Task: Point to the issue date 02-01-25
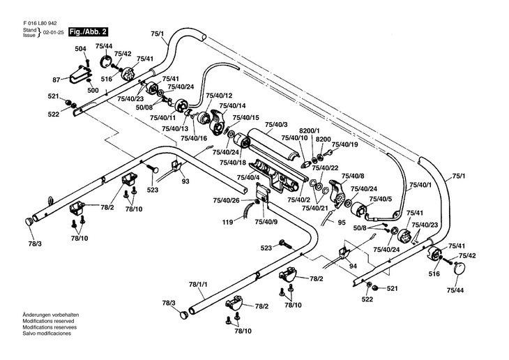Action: pyautogui.click(x=53, y=33)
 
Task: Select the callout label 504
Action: pyautogui.click(x=80, y=48)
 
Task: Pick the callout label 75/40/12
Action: pyautogui.click(x=219, y=95)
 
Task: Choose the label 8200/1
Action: pyautogui.click(x=309, y=130)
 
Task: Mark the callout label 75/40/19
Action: pyautogui.click(x=344, y=144)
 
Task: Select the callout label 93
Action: pyautogui.click(x=185, y=181)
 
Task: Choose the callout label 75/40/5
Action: pyautogui.click(x=381, y=200)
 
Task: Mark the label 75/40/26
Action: pyautogui.click(x=226, y=200)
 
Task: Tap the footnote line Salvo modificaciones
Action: pyautogui.click(x=47, y=333)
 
